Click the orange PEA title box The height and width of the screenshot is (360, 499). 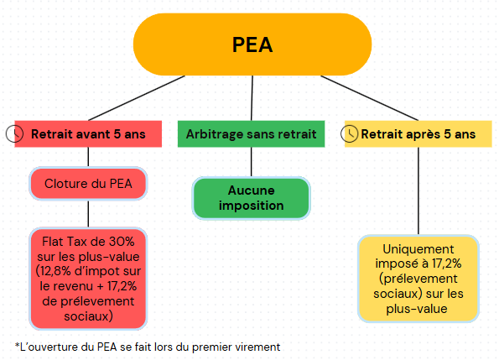point(252,44)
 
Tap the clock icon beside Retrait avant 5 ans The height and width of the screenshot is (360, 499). point(14,133)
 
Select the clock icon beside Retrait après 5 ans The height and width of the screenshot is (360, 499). point(350,133)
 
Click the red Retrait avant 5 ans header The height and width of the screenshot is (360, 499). point(88,134)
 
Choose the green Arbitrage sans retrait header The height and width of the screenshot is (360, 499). point(251,134)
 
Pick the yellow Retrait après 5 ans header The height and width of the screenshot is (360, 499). point(418,134)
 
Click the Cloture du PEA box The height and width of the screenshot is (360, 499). point(88,184)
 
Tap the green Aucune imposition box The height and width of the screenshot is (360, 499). point(251,198)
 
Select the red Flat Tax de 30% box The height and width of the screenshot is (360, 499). point(88,279)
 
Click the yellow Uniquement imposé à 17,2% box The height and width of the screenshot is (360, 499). point(418,279)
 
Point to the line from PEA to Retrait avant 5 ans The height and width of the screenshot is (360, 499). point(137,98)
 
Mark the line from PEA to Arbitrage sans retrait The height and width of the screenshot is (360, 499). point(252,98)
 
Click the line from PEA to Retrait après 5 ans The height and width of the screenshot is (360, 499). point(370,98)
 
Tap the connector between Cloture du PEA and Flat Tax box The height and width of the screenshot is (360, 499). point(88,214)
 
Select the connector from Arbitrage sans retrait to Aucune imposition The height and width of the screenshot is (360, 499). point(251,162)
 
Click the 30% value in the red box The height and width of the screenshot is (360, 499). point(122,242)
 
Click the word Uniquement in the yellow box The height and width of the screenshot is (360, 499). point(418,249)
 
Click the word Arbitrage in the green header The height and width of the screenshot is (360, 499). point(214,134)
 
